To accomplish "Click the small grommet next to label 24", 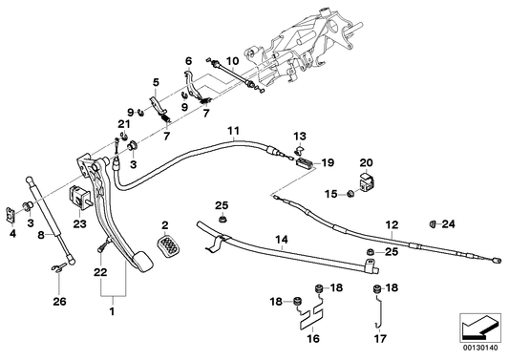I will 432,223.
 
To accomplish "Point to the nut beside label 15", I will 350,196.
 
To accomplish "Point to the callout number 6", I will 189,60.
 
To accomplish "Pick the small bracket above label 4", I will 21,207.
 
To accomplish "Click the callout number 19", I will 326,162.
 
